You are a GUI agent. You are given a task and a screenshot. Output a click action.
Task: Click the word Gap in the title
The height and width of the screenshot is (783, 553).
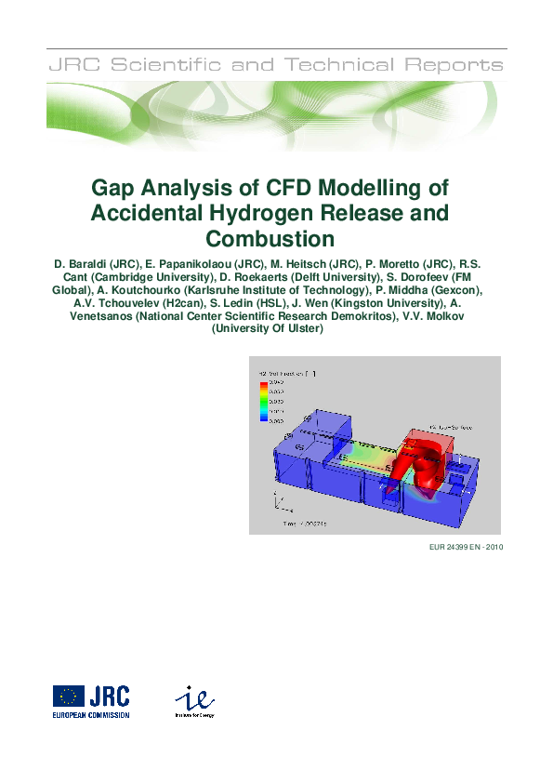coord(113,188)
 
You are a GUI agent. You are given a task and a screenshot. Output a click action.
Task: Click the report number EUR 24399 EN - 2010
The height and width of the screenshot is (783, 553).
coord(462,547)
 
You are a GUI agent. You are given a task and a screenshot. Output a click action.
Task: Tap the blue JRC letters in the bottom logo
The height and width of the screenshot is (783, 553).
coord(111,696)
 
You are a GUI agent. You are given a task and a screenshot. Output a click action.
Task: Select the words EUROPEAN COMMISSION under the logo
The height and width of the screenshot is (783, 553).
coord(91,715)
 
